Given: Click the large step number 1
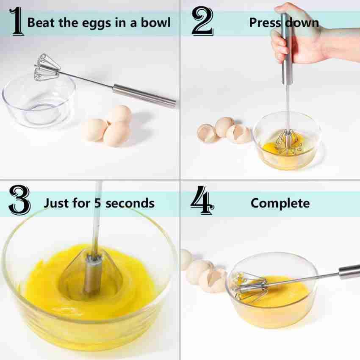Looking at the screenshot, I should point(16,22).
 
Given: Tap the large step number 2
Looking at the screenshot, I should point(202,22).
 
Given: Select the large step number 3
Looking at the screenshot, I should point(19,202).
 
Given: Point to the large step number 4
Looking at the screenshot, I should point(202,202).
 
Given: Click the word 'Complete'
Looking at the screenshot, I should point(280,203).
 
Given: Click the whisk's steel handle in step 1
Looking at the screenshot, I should point(144,95).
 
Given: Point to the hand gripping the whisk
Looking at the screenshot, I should point(296,38).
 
